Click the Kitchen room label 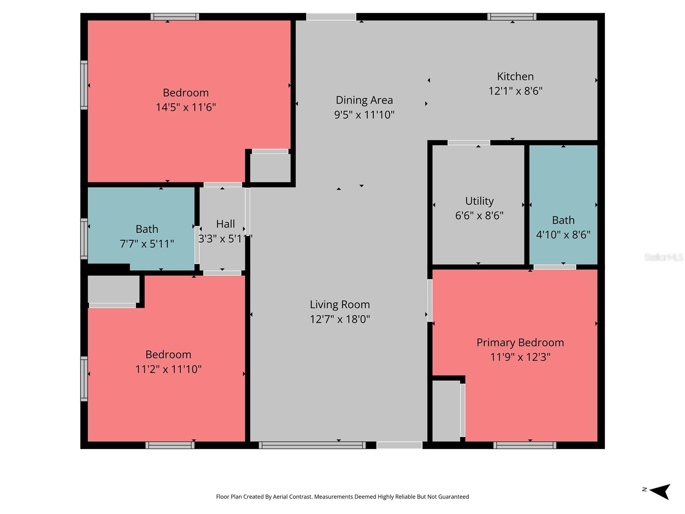click(x=515, y=77)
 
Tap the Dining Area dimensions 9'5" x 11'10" click(x=364, y=115)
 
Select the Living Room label click(x=340, y=305)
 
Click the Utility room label click(x=479, y=201)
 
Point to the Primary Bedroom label click(x=520, y=343)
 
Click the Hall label click(x=225, y=224)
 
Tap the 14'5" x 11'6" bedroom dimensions click(x=185, y=107)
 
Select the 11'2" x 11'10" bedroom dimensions click(x=168, y=369)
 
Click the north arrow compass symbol click(x=660, y=491)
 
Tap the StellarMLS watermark click(x=663, y=257)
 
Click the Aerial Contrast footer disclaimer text click(x=342, y=497)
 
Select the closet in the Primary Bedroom click(x=446, y=410)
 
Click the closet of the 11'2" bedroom click(x=113, y=289)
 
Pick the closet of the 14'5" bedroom click(x=270, y=167)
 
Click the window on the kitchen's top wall click(x=512, y=17)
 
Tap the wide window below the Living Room click(x=312, y=445)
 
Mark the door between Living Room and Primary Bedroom click(x=429, y=300)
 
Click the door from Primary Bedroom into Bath click(x=554, y=267)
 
